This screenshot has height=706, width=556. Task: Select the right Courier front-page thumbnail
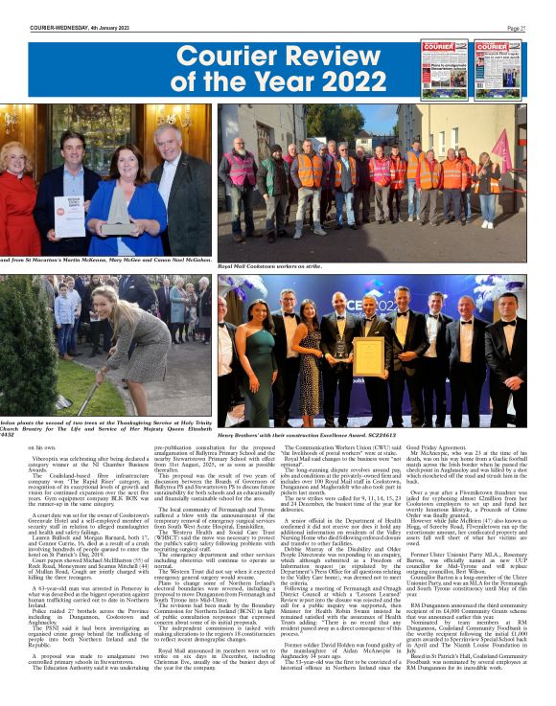click(500, 68)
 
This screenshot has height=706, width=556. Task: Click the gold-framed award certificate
click(368, 355)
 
